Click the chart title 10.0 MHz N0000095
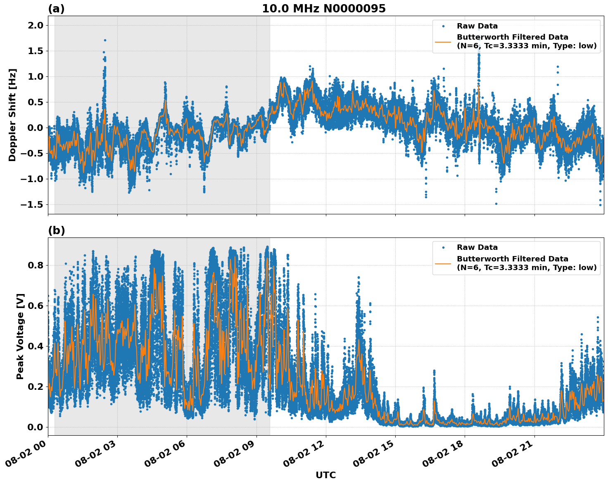323,9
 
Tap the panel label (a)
56,9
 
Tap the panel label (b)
56,230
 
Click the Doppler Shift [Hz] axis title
12,115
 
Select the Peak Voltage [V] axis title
20,336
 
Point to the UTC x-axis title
325,475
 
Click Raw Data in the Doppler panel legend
477,26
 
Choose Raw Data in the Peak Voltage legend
477,247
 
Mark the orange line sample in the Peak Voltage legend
443,263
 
